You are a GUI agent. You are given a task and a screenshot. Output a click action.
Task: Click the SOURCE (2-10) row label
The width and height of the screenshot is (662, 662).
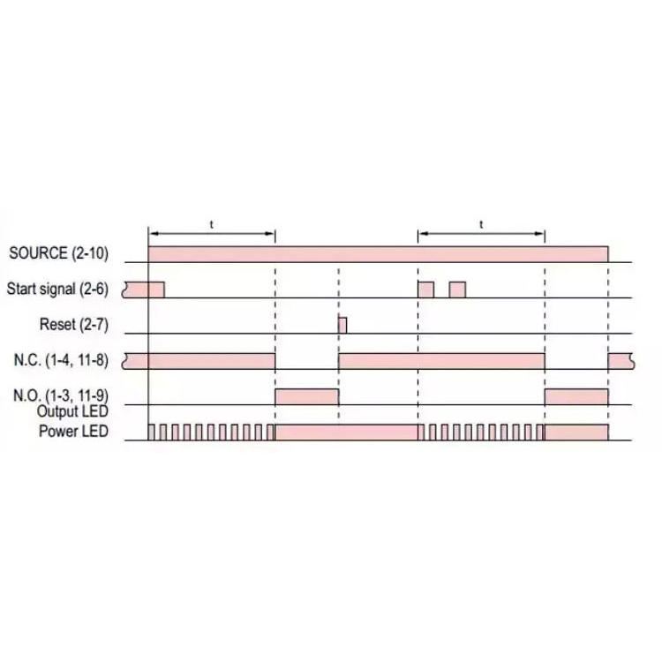58,254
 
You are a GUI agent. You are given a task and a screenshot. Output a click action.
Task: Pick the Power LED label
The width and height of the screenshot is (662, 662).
74,432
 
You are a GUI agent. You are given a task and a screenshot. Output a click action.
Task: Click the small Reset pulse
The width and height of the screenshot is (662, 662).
342,325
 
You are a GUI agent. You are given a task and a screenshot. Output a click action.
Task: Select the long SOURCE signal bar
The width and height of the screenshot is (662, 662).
378,254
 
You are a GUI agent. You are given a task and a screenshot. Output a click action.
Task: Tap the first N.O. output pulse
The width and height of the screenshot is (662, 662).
307,396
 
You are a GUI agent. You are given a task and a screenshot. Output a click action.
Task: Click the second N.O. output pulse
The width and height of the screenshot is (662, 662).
576,396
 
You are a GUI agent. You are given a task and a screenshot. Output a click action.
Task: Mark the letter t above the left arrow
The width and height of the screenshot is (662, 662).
212,225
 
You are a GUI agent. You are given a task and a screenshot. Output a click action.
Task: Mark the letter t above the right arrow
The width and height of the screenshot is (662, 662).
481,225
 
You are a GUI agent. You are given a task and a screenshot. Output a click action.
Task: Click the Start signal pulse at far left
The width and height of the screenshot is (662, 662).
145,290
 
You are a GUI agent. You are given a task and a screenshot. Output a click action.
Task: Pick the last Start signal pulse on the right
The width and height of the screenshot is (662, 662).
457,290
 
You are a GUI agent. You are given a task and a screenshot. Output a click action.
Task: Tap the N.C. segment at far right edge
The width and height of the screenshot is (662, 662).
620,360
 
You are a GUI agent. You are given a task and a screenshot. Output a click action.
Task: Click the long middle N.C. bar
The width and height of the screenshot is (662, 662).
441,360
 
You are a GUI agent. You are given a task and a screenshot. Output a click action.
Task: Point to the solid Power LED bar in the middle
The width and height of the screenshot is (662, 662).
347,432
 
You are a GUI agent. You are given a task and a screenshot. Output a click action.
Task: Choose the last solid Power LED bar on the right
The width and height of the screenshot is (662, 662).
576,432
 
